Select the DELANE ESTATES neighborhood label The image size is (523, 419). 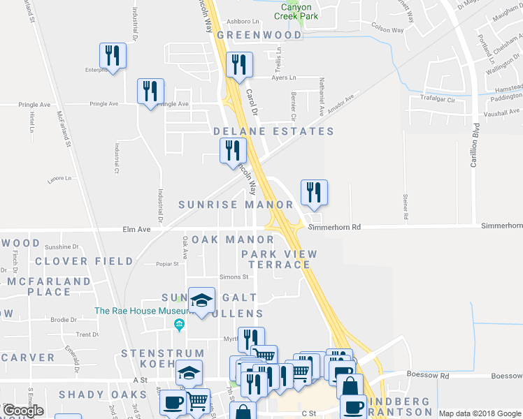click(273, 131)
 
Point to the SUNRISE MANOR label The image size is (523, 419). click(236, 205)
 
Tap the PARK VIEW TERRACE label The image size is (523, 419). click(279, 259)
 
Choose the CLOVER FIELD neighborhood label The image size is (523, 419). click(84, 261)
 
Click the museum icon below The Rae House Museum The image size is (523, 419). click(180, 325)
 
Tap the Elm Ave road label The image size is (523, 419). click(136, 228)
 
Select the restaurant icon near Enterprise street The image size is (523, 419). click(112, 55)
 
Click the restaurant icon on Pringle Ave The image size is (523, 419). click(150, 91)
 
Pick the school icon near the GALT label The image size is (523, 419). click(202, 301)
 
